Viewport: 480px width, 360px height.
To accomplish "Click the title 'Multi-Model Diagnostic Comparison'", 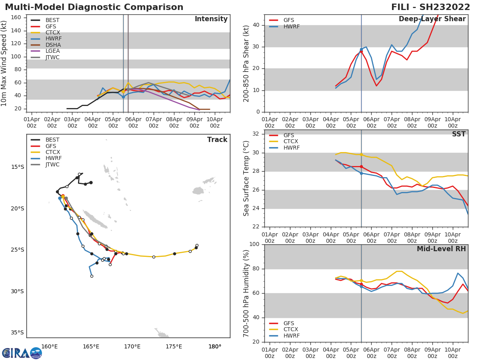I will (x=94, y=7).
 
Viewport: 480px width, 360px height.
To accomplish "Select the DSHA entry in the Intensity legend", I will (x=53, y=45).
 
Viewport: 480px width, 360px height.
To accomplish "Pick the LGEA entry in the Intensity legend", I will (x=53, y=51).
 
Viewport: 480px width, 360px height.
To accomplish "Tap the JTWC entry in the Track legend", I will (x=52, y=165).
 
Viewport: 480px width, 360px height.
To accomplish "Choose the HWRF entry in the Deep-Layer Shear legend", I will (x=291, y=27).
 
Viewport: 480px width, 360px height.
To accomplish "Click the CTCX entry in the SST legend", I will (x=291, y=142).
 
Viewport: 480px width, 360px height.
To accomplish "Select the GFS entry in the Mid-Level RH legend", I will (x=288, y=323).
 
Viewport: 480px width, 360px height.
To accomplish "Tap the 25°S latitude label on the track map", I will (x=17, y=250).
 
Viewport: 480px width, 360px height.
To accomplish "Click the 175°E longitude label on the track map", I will (x=174, y=346).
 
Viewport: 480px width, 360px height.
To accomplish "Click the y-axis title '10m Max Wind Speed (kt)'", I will (x=4, y=63).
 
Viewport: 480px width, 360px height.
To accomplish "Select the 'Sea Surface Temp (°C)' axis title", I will (x=246, y=178).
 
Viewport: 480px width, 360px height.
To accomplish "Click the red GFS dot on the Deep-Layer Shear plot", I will (x=361, y=52).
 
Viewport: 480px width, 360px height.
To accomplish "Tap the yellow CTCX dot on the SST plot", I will (x=361, y=154).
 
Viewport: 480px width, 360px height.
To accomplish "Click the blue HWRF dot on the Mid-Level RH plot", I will (x=361, y=286).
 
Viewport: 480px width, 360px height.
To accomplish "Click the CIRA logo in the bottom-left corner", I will (x=22, y=353).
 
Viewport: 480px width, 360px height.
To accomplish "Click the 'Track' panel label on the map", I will (x=217, y=140).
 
